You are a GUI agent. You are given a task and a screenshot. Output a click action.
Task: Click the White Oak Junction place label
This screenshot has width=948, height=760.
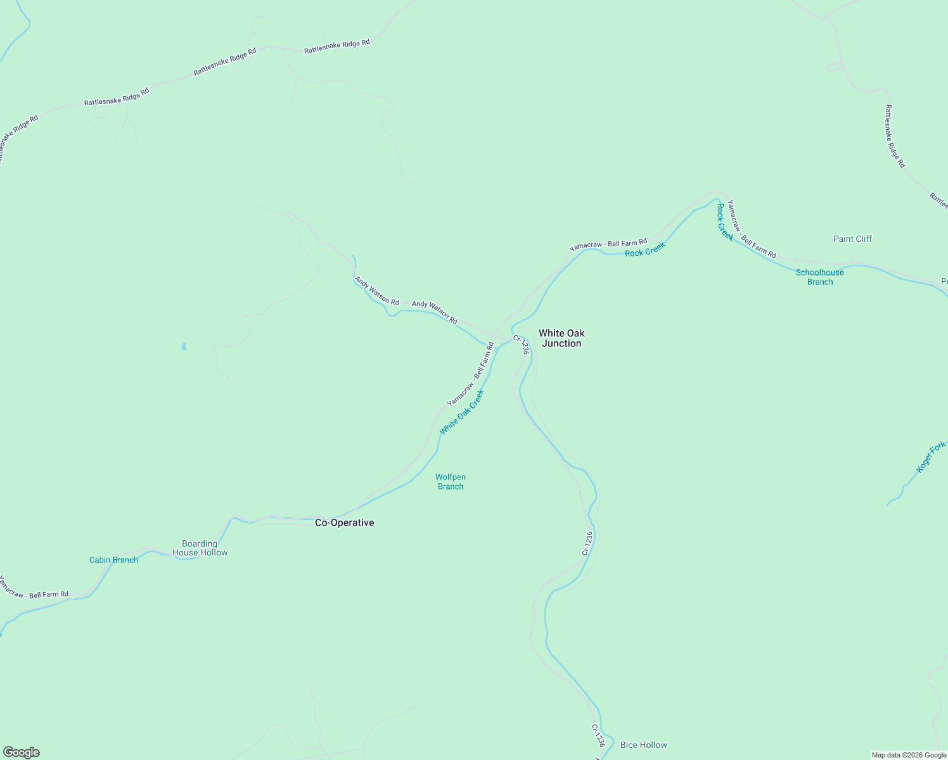(561, 338)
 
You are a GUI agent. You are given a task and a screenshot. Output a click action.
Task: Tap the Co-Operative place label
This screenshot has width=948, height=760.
(344, 522)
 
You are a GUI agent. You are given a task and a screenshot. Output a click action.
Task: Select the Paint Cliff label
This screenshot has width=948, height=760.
(852, 239)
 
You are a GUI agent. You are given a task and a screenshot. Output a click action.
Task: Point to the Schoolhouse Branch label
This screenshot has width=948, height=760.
(819, 277)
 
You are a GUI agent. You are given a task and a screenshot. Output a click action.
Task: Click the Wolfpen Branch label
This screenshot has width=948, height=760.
(451, 481)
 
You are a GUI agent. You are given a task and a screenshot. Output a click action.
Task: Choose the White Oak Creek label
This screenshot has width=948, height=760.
(462, 412)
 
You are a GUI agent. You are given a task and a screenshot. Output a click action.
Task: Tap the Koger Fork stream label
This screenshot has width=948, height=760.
(930, 457)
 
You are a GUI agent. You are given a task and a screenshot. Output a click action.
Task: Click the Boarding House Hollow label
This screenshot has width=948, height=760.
(200, 548)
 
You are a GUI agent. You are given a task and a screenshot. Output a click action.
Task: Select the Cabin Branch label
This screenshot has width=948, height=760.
(113, 560)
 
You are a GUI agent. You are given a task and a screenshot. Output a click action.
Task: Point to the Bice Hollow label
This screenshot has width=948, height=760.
(643, 745)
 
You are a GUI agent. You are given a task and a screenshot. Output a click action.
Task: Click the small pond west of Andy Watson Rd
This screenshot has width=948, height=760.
(184, 347)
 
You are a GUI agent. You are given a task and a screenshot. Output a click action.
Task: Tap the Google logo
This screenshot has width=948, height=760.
(21, 752)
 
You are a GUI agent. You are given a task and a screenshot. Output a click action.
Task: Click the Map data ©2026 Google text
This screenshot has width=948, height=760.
(909, 755)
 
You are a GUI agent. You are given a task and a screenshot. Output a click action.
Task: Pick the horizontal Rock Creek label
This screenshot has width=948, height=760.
(644, 250)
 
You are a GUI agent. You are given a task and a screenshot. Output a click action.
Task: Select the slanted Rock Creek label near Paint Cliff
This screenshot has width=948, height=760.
(725, 222)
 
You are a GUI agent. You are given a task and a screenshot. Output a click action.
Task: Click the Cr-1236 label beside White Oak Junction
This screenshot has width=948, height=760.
(521, 344)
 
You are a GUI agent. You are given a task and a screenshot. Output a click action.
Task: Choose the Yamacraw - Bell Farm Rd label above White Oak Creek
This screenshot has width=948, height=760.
(470, 374)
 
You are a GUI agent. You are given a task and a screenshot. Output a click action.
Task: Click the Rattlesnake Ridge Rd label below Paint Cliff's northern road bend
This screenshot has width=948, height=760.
(895, 136)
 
